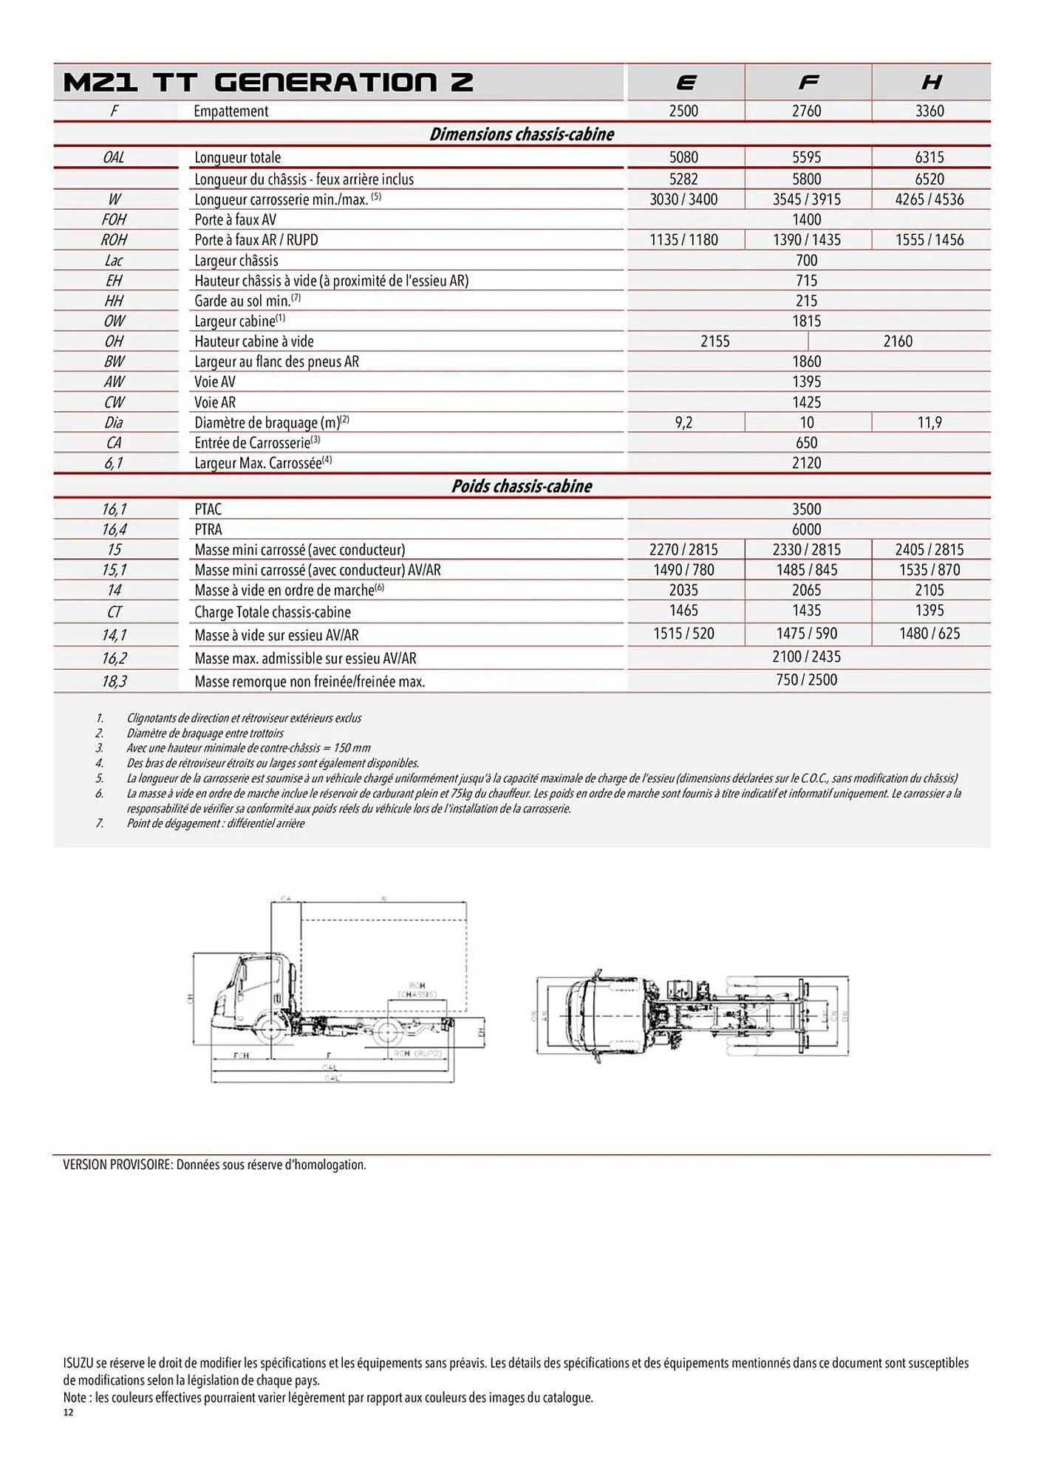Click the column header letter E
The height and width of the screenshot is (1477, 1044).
[686, 83]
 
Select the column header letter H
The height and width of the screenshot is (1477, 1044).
[931, 83]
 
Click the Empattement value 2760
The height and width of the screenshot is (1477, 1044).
[806, 111]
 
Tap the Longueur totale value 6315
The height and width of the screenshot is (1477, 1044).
[929, 157]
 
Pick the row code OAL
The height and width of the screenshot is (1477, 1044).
[114, 157]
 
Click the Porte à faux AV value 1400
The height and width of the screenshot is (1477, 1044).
[806, 219]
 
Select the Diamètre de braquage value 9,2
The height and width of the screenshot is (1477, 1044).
[683, 422]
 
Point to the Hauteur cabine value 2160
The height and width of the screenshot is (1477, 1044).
[898, 341]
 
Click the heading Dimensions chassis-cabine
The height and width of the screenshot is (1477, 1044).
[522, 134]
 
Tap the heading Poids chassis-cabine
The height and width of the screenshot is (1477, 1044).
[522, 486]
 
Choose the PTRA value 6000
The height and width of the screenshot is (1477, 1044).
[806, 530]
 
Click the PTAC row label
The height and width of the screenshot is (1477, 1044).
[208, 510]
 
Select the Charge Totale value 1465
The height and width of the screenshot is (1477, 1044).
[683, 611]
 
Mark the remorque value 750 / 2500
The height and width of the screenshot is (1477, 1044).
[806, 680]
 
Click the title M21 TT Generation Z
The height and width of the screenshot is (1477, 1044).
[268, 83]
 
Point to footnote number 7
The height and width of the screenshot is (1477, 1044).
[100, 823]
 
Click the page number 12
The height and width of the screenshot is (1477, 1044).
[68, 1413]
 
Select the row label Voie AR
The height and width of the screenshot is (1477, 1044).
[215, 402]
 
